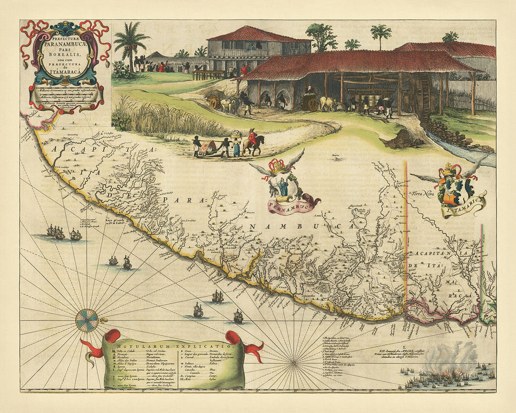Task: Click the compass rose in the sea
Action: pos(87,320)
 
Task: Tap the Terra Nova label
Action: pos(421,194)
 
